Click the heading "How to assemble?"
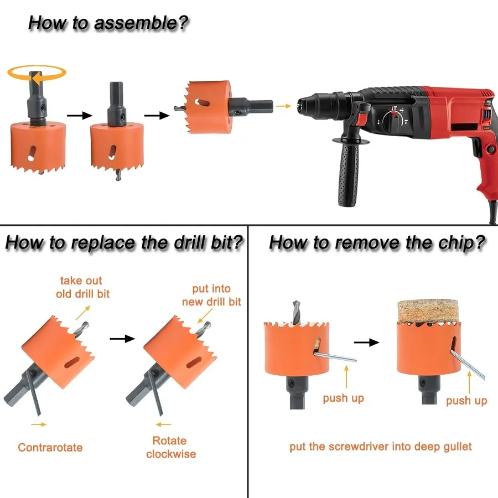108,23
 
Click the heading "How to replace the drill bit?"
124,243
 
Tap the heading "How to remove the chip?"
377,243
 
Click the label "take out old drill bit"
82,287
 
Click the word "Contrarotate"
50,447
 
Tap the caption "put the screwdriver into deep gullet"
381,447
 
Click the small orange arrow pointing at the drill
283,106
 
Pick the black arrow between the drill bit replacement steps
122,339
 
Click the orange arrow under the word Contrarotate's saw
39,424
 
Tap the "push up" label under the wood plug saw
466,401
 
